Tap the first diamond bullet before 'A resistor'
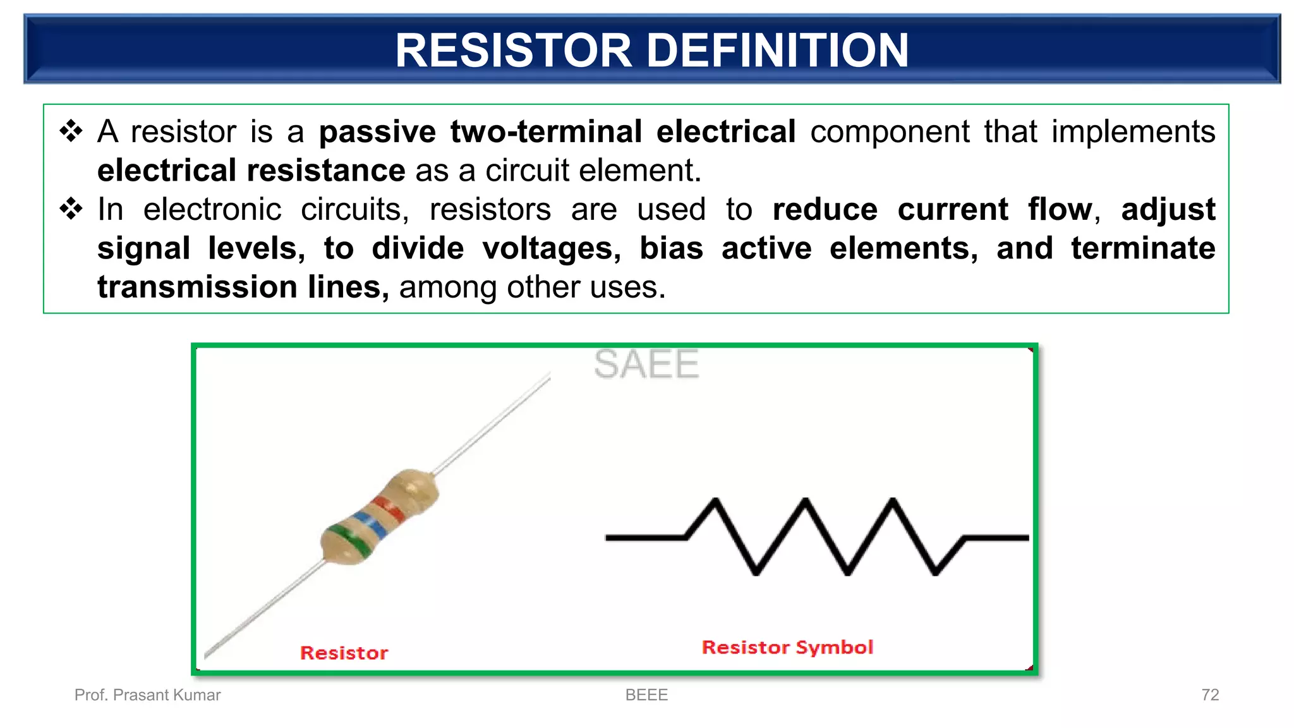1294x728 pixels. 71,131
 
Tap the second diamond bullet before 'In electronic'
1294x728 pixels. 71,209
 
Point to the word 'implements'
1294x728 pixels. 1133,132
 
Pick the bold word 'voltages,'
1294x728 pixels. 552,248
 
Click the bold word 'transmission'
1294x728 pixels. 197,288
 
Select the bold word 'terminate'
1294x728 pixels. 1143,248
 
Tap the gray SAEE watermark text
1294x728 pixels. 646,365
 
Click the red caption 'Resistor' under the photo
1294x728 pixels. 344,653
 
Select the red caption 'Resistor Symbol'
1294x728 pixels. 787,647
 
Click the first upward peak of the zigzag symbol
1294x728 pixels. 716,503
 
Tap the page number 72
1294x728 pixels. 1209,695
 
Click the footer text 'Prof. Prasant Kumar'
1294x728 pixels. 147,695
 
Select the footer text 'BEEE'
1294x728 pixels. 646,695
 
